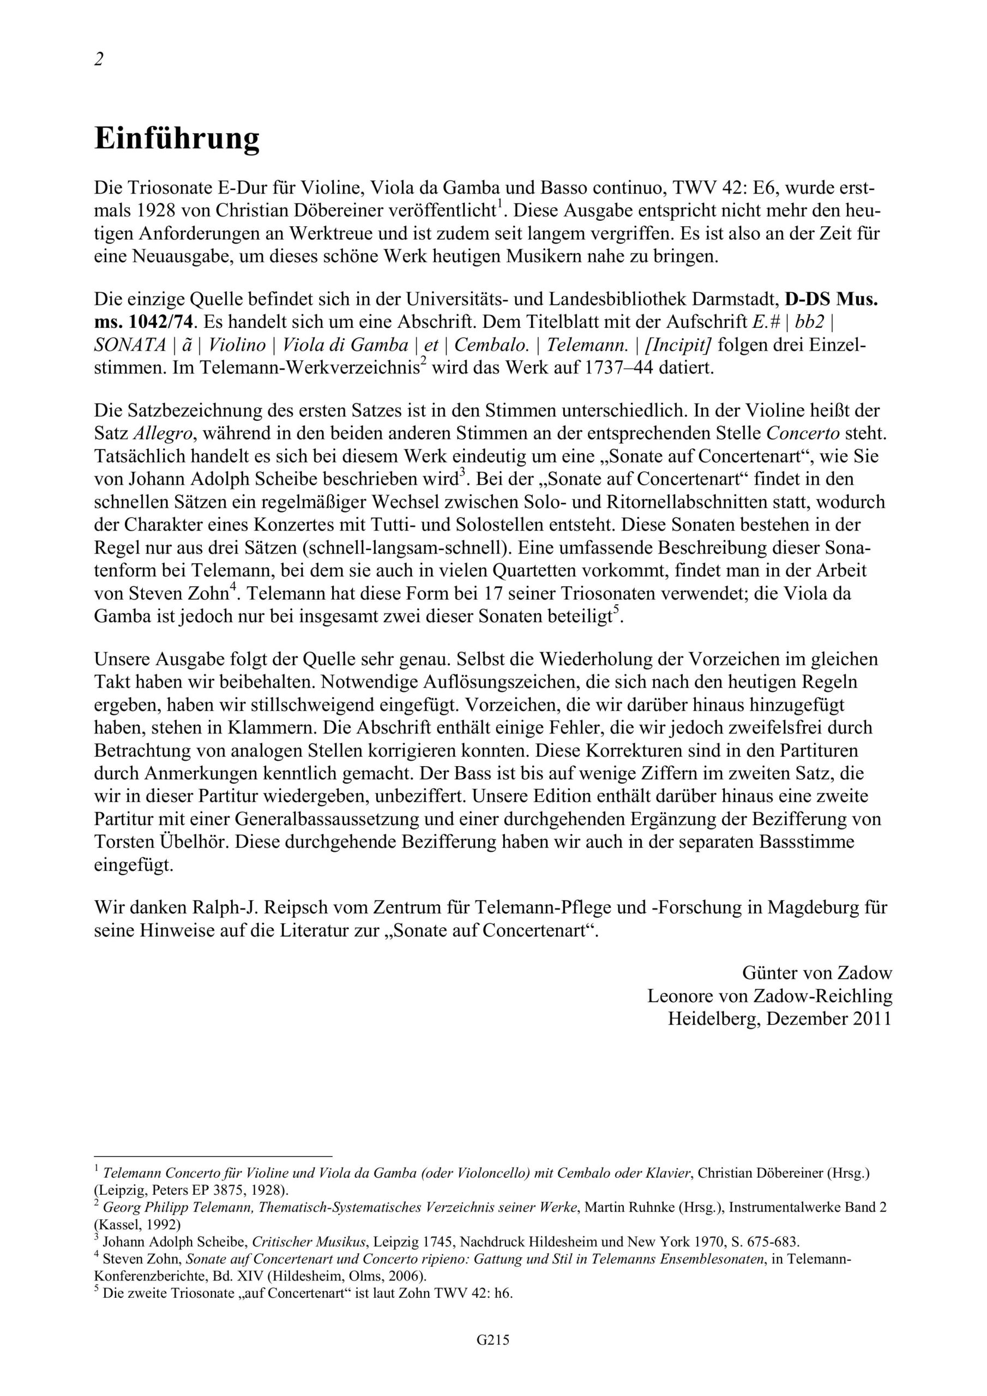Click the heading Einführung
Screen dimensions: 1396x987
(x=177, y=139)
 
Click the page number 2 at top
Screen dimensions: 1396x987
(x=99, y=59)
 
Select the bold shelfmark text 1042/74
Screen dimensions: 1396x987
(x=158, y=322)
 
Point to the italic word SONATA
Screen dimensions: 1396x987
(x=130, y=345)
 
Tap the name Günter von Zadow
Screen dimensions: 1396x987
(x=817, y=973)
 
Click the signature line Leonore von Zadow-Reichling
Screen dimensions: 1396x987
(x=769, y=996)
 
